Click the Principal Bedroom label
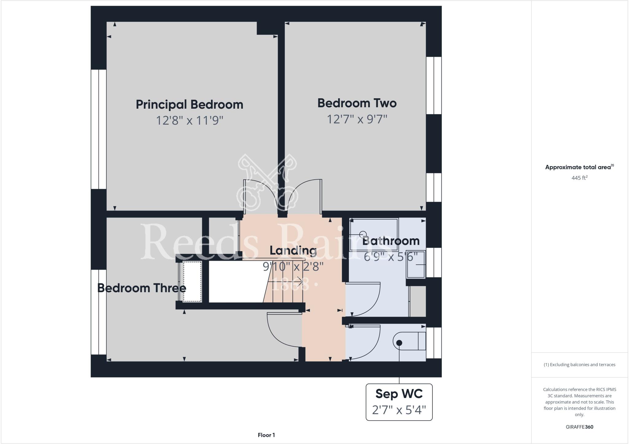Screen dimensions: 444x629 189,104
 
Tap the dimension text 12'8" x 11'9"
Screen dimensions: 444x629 189,120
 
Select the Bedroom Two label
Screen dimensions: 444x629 357,103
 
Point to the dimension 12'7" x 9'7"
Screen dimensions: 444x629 357,119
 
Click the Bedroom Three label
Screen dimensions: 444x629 142,288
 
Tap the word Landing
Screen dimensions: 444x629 293,251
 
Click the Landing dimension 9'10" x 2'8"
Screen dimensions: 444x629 293,267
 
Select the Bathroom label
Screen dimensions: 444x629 391,241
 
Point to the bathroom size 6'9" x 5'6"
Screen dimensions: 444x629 391,257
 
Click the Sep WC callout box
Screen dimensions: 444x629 399,402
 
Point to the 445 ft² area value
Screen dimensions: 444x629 579,178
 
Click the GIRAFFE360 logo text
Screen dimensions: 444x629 579,427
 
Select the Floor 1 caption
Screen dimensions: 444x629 266,435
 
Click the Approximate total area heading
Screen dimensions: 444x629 579,167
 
